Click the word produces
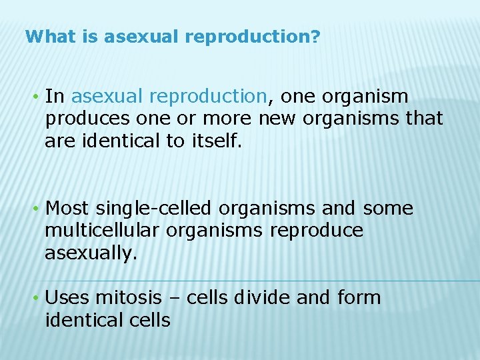pos(81,119)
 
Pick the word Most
pos(67,209)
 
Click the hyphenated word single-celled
pos(155,209)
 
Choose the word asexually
pos(90,253)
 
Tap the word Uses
pos(67,297)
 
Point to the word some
pos(387,209)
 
